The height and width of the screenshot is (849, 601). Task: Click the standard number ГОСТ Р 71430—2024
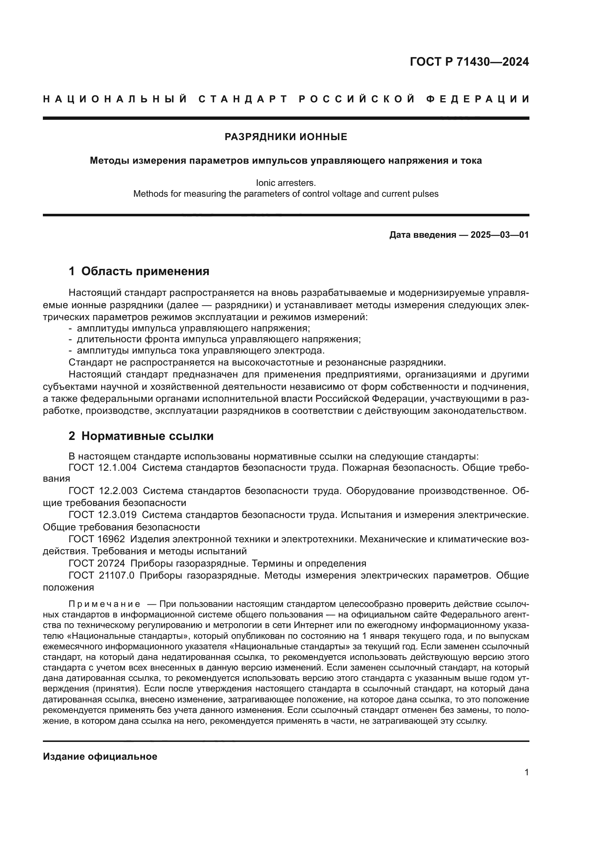point(469,62)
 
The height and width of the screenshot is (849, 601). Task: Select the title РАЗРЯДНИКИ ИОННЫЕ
point(286,137)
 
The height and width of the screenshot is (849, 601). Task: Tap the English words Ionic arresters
point(286,183)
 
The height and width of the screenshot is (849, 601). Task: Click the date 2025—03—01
point(500,235)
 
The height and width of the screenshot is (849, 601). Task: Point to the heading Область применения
point(145,272)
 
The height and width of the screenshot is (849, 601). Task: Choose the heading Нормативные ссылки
point(147,436)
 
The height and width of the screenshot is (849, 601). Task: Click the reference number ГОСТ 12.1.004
point(102,468)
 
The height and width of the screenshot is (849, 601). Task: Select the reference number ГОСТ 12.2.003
point(103,491)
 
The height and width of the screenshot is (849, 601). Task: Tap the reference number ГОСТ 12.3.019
point(102,515)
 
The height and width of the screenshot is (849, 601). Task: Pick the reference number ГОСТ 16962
point(97,539)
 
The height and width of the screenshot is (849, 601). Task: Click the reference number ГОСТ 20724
point(97,564)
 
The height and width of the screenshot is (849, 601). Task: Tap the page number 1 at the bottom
point(527,772)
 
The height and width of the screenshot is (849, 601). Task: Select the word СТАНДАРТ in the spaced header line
point(243,99)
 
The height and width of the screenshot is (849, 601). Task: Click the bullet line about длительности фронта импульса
point(218,339)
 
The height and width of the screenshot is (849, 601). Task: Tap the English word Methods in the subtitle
point(151,194)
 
